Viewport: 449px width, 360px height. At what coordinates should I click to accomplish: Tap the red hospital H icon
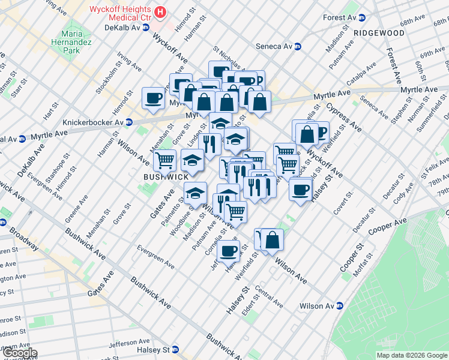tap(160, 11)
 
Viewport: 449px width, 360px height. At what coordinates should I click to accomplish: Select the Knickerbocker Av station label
tap(89, 122)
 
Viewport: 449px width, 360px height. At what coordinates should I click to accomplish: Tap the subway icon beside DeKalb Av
tap(146, 28)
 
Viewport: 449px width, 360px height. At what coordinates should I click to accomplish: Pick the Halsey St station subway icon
tap(175, 350)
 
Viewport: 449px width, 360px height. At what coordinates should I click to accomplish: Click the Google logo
tap(19, 353)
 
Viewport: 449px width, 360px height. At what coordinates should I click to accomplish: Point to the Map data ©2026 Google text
tap(412, 355)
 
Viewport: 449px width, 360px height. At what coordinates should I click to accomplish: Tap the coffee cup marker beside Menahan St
tap(153, 97)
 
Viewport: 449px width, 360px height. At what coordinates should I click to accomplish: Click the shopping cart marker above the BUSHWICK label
tap(164, 160)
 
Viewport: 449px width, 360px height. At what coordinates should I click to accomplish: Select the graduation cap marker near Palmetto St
tap(195, 193)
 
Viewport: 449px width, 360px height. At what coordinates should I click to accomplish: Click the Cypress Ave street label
tap(345, 118)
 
